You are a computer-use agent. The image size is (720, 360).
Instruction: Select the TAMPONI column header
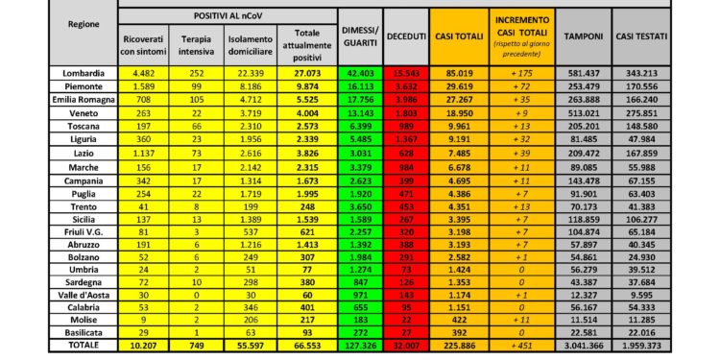(x=584, y=36)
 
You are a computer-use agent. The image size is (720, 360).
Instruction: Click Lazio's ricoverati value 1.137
(x=144, y=153)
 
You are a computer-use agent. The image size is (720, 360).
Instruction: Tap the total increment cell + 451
(x=522, y=345)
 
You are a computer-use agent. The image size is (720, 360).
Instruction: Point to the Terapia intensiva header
(x=197, y=43)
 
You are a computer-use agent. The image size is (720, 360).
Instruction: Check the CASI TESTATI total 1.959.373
(x=652, y=345)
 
